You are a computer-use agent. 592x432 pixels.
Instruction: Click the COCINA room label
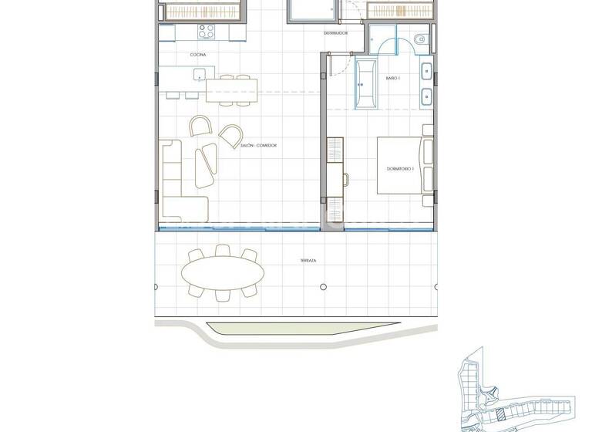[x=197, y=54]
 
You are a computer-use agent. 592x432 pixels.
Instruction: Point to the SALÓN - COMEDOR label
[x=259, y=145]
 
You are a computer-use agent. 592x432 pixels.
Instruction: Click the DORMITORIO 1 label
[x=401, y=168]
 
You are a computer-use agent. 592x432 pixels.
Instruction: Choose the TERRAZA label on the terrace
[x=308, y=262]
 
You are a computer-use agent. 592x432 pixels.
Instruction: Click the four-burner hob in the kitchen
[x=206, y=32]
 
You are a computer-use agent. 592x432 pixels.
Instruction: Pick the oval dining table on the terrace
[x=222, y=272]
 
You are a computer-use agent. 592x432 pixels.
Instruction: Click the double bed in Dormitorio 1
[x=401, y=165]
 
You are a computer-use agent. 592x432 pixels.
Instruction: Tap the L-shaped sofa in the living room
[x=180, y=181]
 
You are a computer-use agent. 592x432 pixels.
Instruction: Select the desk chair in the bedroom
[x=346, y=180]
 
